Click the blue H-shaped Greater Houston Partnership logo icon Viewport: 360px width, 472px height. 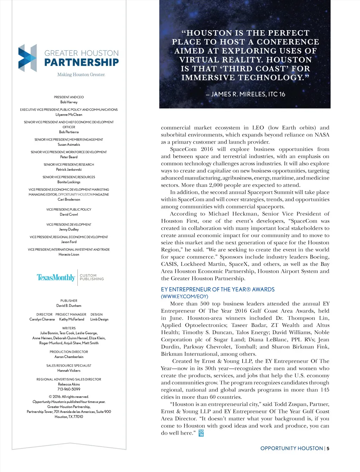coord(27,58)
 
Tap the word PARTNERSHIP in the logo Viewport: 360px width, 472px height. coord(82,63)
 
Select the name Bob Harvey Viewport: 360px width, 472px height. coord(69,102)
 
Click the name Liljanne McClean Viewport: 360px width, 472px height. coord(69,114)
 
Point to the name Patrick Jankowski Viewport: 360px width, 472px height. coord(69,169)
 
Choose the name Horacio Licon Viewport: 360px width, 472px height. coord(69,254)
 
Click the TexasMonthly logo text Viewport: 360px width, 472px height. coord(56,277)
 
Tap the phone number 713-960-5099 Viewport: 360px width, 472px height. coord(69,389)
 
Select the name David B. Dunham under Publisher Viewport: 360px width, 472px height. coord(69,306)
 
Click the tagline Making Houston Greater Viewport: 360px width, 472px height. coord(81,74)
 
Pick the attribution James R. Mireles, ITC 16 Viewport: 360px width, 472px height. coord(245,94)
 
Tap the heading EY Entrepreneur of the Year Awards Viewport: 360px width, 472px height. coord(218,289)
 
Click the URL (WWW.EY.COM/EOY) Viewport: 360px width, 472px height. coord(185,296)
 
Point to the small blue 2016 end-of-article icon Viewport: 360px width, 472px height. coord(201,433)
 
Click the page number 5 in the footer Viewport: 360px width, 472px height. coord(328,448)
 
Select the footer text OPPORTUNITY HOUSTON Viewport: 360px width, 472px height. coord(291,448)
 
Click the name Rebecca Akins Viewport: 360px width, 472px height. coord(69,384)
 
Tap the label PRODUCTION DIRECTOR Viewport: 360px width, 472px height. coord(69,352)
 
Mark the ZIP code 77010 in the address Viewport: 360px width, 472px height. coord(78,417)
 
